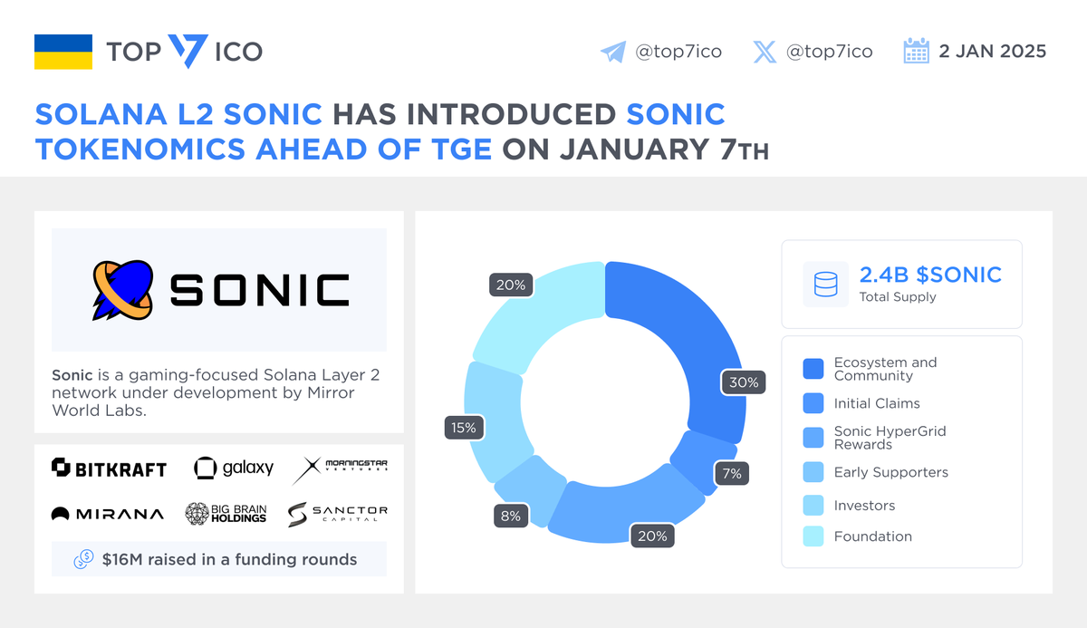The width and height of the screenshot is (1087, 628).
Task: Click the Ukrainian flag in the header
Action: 63,52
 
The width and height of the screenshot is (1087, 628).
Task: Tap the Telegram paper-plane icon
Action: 613,52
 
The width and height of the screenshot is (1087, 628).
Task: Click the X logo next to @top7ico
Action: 765,52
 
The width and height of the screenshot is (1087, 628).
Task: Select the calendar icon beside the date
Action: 917,51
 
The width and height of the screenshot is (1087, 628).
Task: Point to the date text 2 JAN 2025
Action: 992,52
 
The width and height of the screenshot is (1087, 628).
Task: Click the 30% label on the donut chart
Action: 744,382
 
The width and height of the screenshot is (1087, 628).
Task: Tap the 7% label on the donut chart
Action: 731,473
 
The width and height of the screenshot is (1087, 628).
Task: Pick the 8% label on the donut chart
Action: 511,516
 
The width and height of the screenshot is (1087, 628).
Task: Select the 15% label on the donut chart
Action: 464,427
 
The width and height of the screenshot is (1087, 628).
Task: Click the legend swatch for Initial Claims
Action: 813,403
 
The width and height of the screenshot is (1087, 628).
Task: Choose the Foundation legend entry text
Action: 872,536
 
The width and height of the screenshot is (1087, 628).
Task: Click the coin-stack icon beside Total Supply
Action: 825,285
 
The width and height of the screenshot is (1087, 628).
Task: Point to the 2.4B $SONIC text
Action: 930,275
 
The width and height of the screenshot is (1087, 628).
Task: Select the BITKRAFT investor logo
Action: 110,468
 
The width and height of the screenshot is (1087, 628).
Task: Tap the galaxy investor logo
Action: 234,468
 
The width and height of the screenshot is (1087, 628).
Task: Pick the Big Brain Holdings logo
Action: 226,514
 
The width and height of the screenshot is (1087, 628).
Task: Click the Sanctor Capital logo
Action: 338,514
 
